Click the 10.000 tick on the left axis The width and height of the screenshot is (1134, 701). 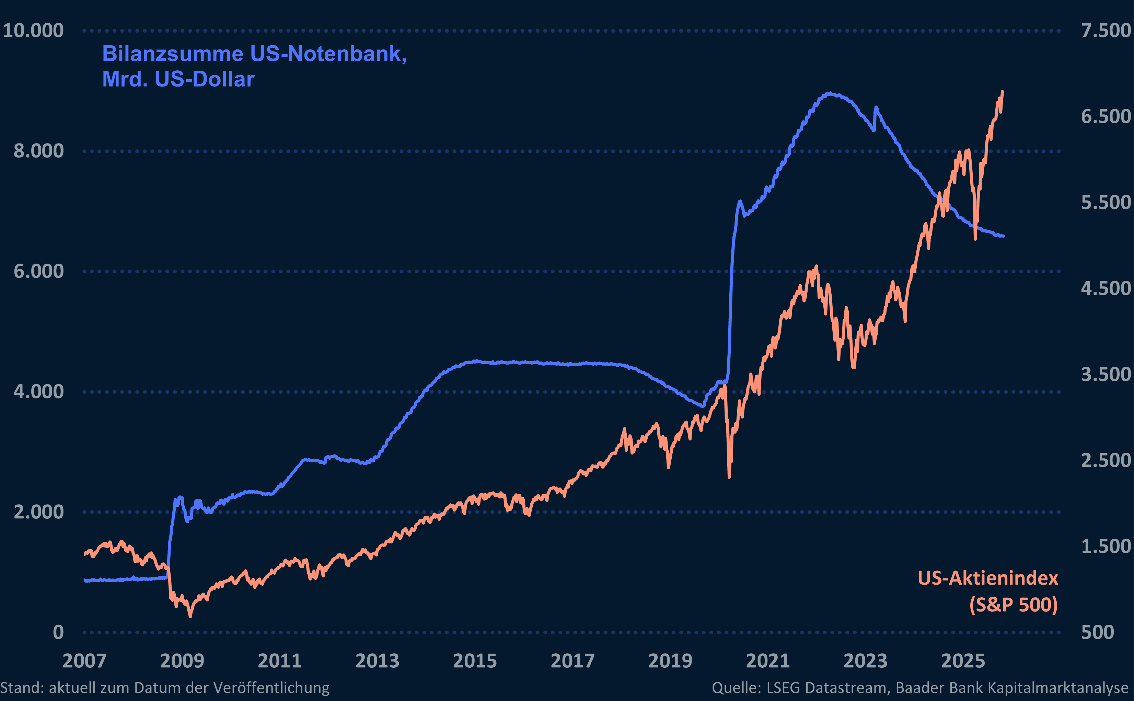33,31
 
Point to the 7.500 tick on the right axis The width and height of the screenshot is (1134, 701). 1106,31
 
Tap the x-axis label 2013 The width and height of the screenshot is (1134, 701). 377,661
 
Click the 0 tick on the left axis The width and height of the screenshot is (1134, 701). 58,632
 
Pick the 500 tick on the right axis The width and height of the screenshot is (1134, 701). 1097,632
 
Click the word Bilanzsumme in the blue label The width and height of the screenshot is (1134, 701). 172,54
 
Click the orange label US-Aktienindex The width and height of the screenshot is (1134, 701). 987,578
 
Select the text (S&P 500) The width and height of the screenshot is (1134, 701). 1013,605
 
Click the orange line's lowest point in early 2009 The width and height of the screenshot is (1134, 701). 190,616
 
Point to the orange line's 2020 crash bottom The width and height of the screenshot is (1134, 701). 729,476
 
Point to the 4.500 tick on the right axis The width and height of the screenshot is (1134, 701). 1106,288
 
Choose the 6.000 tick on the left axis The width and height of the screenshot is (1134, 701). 38,271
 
